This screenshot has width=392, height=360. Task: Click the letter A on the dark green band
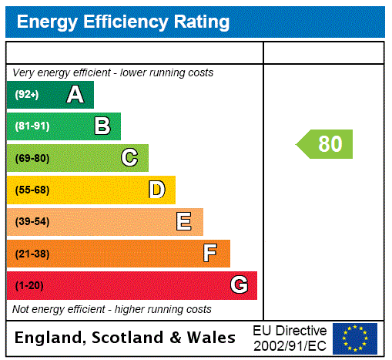75,95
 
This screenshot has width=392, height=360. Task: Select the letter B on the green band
102,126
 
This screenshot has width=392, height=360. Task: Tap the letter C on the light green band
129,158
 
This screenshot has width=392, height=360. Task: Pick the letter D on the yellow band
156,190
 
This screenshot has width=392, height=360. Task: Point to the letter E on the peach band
184,222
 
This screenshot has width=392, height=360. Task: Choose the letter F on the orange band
210,254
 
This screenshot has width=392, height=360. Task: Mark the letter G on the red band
239,285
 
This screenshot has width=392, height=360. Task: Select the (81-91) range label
32,126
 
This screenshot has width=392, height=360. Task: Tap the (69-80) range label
32,159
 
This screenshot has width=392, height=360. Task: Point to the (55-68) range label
32,190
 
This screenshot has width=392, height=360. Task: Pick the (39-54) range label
32,222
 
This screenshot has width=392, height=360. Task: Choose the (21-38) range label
32,254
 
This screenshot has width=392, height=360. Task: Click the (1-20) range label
29,286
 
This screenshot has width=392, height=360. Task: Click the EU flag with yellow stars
355,338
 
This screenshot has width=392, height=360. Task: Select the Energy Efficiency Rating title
123,22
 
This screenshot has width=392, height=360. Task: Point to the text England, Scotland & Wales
126,338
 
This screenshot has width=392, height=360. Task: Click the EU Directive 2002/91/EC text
290,338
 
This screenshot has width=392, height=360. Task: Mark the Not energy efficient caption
112,309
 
